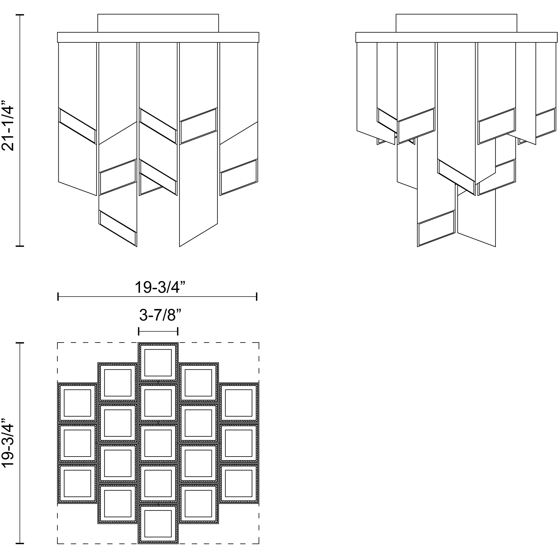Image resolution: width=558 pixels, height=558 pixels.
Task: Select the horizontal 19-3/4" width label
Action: [160, 287]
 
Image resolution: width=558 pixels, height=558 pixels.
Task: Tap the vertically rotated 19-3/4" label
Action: [8, 443]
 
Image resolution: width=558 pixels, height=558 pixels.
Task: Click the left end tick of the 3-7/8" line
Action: [139, 331]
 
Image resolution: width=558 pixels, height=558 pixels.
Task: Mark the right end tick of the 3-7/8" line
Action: [178, 331]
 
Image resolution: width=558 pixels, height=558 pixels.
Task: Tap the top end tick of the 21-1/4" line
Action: [20, 14]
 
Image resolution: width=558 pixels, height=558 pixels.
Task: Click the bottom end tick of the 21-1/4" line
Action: [20, 246]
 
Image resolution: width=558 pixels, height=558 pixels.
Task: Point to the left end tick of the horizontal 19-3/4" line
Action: [58, 297]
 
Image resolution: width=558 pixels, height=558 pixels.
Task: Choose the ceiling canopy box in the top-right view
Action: [456, 23]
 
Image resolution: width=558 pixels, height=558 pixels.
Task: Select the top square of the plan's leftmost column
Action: [77, 403]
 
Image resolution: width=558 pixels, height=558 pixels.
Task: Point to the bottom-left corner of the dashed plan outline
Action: [57, 544]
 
